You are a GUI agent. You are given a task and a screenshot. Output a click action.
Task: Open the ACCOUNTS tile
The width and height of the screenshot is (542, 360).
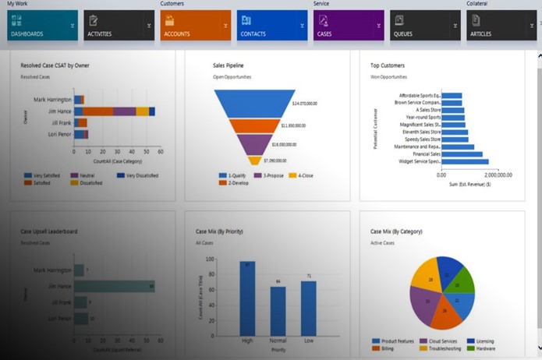196,25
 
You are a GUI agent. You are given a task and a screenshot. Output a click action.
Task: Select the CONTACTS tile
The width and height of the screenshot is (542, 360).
272,25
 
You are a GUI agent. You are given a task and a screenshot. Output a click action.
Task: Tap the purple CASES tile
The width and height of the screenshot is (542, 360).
349,25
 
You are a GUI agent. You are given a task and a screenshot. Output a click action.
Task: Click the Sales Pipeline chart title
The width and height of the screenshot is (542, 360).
229,65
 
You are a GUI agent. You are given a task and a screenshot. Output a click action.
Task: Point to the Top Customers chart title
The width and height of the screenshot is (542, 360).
388,65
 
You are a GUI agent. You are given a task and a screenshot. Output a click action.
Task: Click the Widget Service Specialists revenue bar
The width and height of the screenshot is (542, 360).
465,162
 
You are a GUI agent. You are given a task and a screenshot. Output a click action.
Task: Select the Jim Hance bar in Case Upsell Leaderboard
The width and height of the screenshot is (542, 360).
114,286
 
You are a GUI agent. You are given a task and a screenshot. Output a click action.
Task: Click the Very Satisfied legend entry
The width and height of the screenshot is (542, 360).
46,175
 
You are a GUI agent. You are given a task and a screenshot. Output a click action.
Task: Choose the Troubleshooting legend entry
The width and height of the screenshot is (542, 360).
441,348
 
